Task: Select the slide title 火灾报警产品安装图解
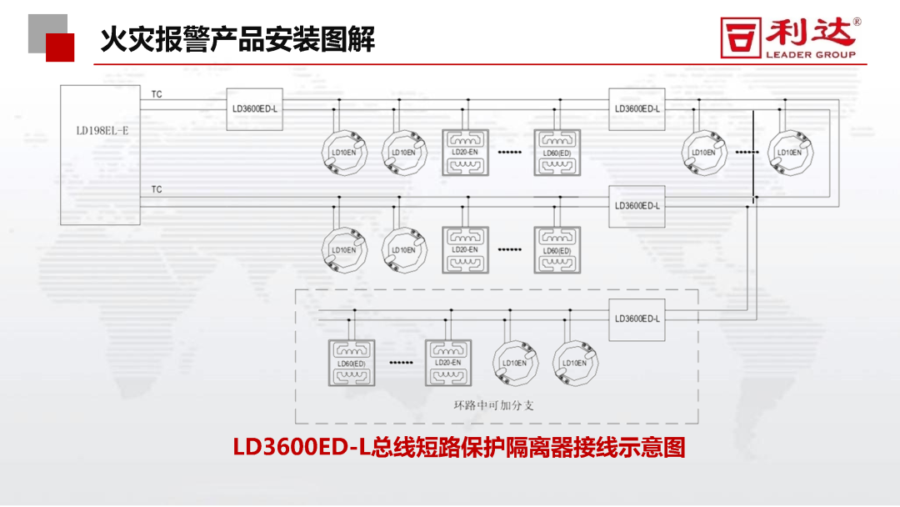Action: [x=237, y=38]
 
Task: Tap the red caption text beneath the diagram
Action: [x=459, y=448]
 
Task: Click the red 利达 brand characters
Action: [x=811, y=33]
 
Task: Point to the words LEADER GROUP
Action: [x=811, y=55]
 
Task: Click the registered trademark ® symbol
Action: [x=857, y=23]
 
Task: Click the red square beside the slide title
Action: [x=60, y=48]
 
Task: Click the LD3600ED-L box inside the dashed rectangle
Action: [x=637, y=319]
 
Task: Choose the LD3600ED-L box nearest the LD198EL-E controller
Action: [x=255, y=108]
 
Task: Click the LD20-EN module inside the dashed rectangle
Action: [x=447, y=362]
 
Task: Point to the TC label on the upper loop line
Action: [x=157, y=95]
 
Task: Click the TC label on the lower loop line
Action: [x=157, y=190]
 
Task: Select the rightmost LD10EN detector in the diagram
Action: [x=788, y=152]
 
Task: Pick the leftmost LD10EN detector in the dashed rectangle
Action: [x=514, y=363]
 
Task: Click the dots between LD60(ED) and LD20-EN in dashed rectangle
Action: [x=401, y=364]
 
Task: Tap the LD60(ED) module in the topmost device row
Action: [x=557, y=153]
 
